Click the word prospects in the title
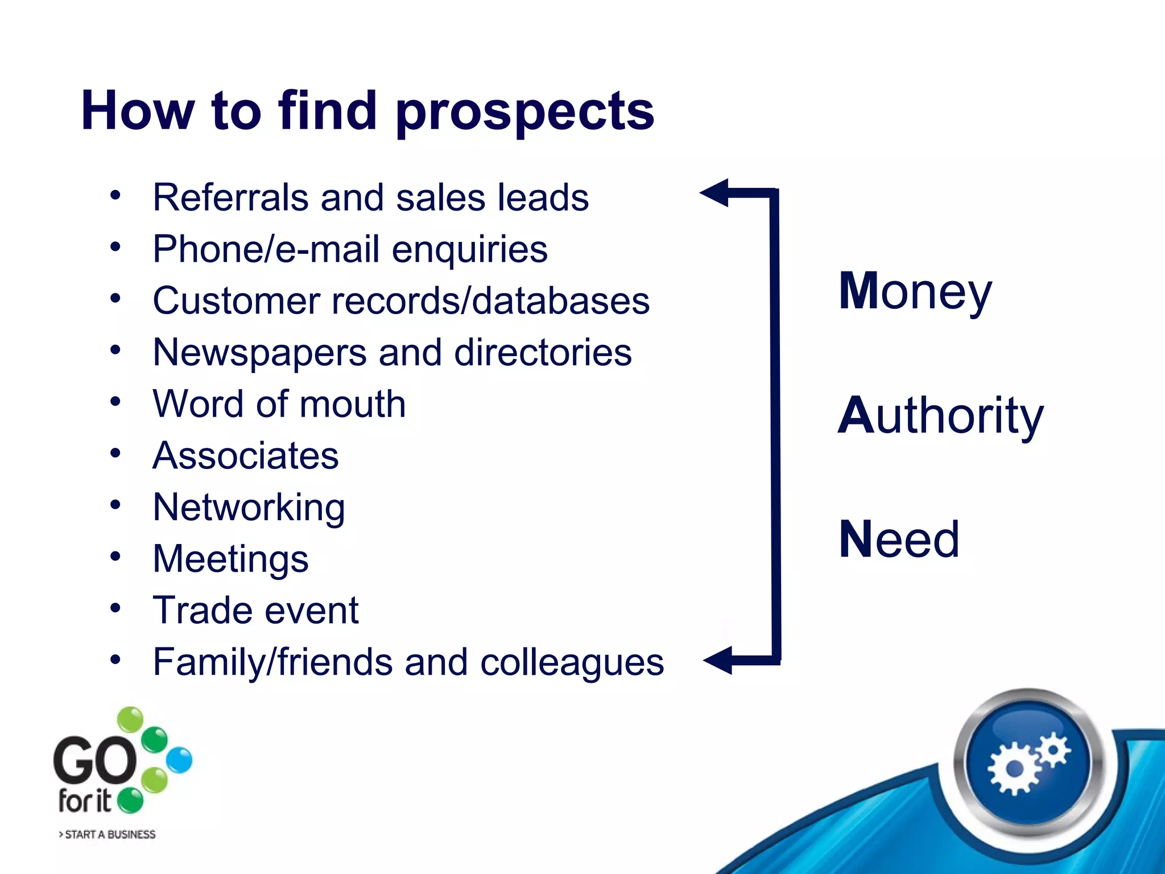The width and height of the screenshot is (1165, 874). (x=524, y=112)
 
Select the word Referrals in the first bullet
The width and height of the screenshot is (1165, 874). (x=230, y=197)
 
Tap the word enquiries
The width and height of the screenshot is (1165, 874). (x=469, y=249)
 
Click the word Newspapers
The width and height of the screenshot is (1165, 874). (x=259, y=352)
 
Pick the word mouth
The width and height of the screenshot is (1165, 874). (x=353, y=404)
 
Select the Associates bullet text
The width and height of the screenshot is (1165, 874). (x=246, y=456)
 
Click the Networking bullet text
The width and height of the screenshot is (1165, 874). (x=249, y=508)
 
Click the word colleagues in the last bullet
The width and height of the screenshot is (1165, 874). (x=572, y=662)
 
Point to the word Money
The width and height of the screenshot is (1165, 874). (x=915, y=291)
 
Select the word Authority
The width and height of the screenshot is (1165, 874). (x=940, y=416)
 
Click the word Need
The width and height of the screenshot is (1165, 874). (x=899, y=539)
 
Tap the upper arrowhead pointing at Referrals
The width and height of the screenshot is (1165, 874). (x=714, y=193)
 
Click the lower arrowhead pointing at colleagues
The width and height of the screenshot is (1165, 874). (x=718, y=661)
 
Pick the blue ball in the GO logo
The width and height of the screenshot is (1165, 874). (x=180, y=760)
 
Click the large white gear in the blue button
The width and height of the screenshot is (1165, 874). (x=1014, y=769)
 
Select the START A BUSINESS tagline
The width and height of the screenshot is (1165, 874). (x=108, y=834)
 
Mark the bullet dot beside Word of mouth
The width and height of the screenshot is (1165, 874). (x=115, y=402)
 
